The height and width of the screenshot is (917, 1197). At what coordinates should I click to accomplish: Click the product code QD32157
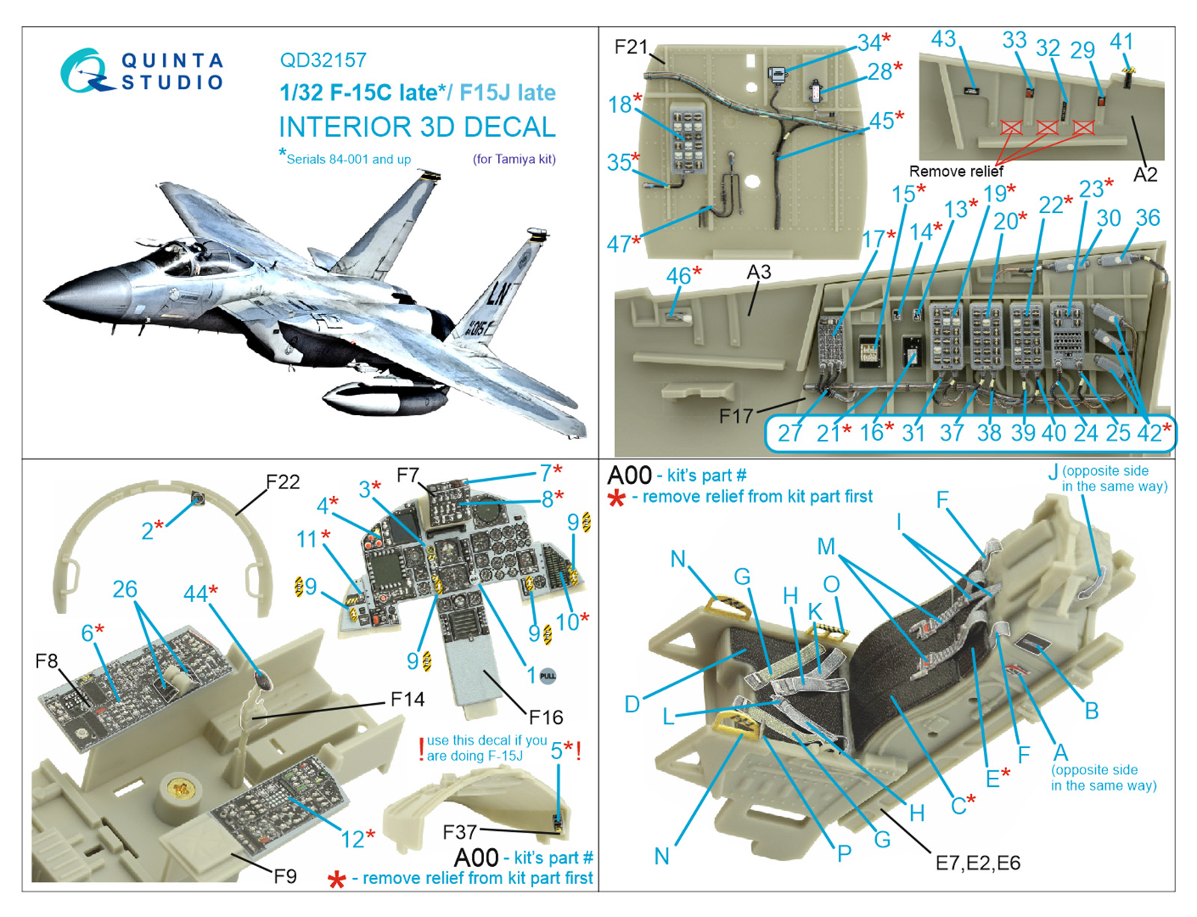click(x=323, y=60)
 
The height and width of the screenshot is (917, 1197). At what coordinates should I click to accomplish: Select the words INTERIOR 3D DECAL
click(x=417, y=127)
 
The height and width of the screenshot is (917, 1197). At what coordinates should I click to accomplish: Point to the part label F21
click(x=630, y=47)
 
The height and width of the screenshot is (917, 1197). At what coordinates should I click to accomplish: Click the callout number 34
click(x=869, y=43)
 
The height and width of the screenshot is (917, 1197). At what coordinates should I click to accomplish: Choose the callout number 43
click(x=943, y=39)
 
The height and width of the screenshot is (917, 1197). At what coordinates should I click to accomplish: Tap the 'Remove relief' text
click(x=955, y=171)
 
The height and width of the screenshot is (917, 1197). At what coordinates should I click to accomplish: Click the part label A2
click(x=1145, y=175)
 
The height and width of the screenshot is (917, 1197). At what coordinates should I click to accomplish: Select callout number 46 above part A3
click(x=678, y=276)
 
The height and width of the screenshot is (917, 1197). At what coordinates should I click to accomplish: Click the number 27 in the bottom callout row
click(x=790, y=432)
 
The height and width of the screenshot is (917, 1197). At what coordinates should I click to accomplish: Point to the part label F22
click(x=283, y=482)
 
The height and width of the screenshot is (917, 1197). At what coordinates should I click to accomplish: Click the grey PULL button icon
click(x=548, y=675)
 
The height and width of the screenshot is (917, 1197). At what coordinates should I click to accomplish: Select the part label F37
click(x=459, y=832)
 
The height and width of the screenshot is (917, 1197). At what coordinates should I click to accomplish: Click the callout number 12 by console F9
click(x=352, y=839)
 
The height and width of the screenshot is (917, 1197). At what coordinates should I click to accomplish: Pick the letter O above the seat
click(x=830, y=584)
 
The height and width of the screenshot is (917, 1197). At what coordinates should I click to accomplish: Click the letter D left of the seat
click(x=632, y=704)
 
